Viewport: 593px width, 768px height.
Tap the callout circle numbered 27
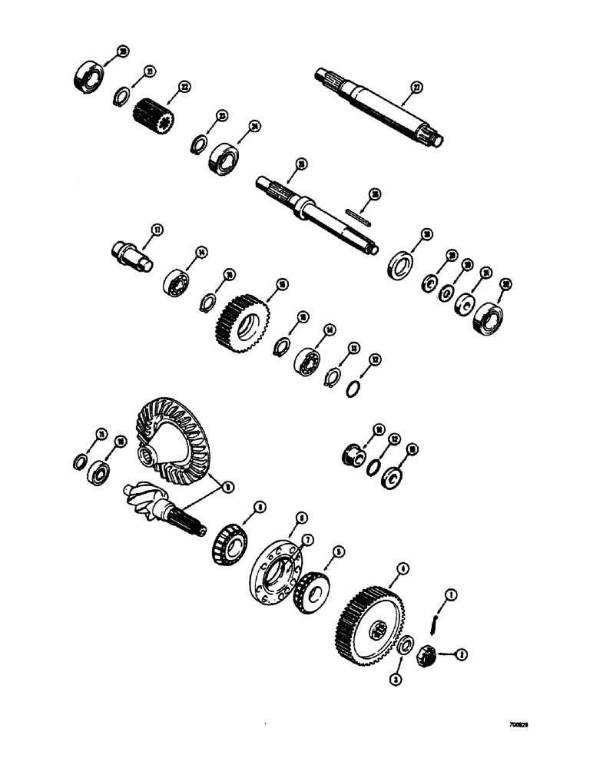pyautogui.click(x=416, y=88)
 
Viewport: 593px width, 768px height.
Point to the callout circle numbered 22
pyautogui.click(x=184, y=88)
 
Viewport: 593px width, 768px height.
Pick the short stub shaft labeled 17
pyautogui.click(x=131, y=257)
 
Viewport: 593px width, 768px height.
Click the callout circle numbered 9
pyautogui.click(x=224, y=485)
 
